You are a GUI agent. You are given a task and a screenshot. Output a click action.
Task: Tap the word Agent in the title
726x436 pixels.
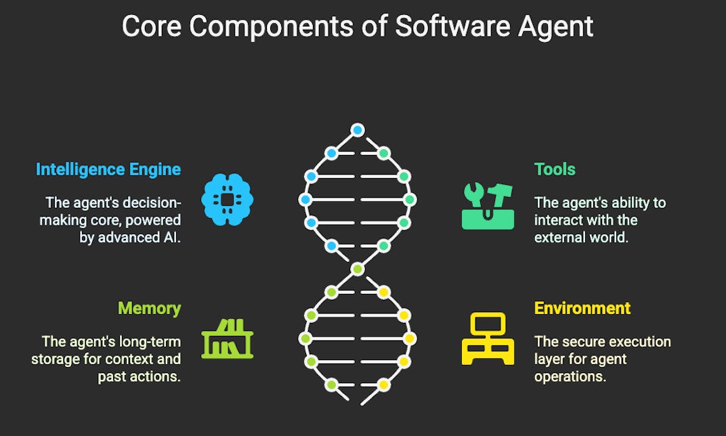(555, 26)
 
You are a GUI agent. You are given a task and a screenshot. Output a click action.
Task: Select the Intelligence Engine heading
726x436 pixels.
(108, 169)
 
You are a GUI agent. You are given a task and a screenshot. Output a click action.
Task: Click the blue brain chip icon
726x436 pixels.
(228, 199)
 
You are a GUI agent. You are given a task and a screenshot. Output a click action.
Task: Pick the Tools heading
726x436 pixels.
(555, 169)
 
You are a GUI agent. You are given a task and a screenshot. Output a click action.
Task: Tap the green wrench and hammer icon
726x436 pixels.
(488, 205)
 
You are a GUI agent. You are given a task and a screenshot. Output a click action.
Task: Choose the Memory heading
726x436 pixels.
(150, 309)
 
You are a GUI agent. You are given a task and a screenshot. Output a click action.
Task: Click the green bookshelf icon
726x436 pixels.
(228, 339)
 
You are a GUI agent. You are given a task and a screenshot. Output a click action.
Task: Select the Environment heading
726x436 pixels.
(582, 308)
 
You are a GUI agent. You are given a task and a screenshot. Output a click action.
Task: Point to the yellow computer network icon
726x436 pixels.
(488, 339)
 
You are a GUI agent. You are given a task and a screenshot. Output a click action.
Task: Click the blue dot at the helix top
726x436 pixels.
(358, 130)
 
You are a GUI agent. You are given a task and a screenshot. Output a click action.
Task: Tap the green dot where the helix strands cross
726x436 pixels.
(358, 269)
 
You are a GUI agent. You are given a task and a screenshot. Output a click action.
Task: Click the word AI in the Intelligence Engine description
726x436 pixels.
(173, 238)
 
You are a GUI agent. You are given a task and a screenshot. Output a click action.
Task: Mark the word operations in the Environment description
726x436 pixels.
(570, 376)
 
